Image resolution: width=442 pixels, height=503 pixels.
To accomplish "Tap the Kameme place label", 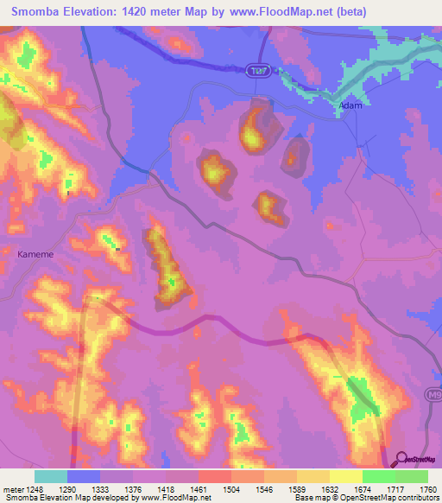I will click(x=35, y=254).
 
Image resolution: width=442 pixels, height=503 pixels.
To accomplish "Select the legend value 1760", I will click(x=426, y=488).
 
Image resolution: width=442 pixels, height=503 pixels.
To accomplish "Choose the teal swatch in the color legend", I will click(x=51, y=476).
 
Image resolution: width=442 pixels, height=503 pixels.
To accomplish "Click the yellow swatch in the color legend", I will click(x=345, y=476).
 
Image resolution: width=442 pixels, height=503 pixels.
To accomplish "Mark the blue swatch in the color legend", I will click(x=84, y=476).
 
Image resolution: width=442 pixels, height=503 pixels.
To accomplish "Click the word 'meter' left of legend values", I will click(x=12, y=488).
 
